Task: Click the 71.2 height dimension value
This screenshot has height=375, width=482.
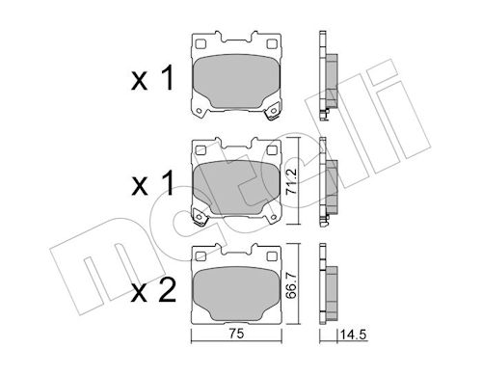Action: pos(291,182)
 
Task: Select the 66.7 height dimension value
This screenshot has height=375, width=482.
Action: pos(291,285)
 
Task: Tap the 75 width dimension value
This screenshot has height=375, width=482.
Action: pos(236,334)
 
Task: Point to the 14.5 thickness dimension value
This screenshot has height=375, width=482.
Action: pos(353,335)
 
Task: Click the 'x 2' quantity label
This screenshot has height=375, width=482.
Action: pos(153,290)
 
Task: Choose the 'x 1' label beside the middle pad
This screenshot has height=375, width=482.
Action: pos(152,183)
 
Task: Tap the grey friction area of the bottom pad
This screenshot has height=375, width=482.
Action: pos(236,294)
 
